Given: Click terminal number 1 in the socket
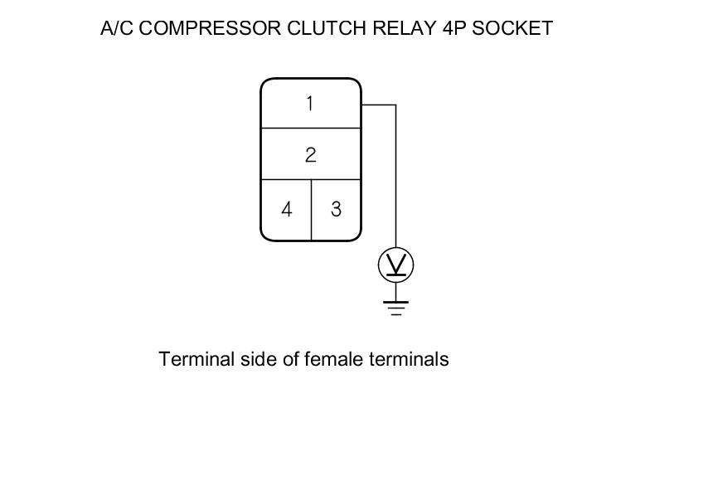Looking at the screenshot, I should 310,104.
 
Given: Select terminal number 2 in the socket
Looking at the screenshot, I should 310,155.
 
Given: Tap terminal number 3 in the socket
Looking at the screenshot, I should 336,209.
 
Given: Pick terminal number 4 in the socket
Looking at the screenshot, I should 286,209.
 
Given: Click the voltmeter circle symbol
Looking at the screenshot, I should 395,265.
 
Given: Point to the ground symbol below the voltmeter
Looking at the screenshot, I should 395,308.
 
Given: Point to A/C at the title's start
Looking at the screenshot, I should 116,28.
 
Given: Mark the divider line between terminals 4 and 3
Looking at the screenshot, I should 311,209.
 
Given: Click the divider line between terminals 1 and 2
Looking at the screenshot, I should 311,129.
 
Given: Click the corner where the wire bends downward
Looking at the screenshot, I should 395,105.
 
